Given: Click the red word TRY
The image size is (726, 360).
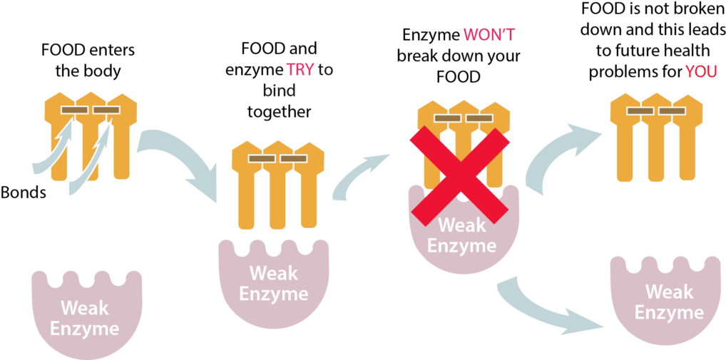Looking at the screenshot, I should point(300,70).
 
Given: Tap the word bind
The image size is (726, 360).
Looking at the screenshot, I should point(279,91).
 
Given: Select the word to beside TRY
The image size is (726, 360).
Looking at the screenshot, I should point(325,70).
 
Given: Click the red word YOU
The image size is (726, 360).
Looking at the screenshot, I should point(700,72).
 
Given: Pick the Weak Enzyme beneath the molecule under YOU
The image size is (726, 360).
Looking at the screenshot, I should point(668,302).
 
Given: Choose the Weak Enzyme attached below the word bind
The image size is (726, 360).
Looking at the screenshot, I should point(273,284).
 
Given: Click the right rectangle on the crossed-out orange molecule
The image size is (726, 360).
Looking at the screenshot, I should point(479,118).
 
